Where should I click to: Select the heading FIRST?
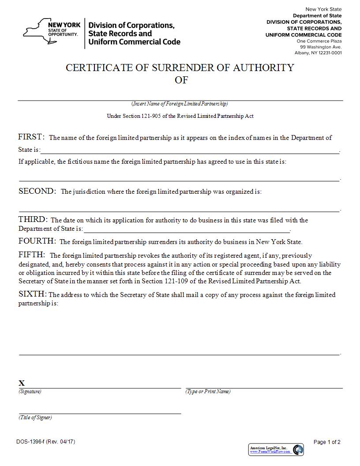click(31, 137)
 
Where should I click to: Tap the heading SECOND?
click(37, 191)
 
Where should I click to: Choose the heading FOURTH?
click(37, 241)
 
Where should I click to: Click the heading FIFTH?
click(32, 255)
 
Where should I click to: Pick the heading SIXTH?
click(33, 294)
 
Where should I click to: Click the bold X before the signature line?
click(22, 383)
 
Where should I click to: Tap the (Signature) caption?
click(30, 392)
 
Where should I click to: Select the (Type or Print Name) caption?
click(208, 392)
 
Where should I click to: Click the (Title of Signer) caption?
click(35, 417)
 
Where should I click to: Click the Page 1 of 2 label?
click(327, 442)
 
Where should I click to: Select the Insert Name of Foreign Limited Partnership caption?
click(180, 104)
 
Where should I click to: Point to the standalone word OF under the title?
click(181, 80)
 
